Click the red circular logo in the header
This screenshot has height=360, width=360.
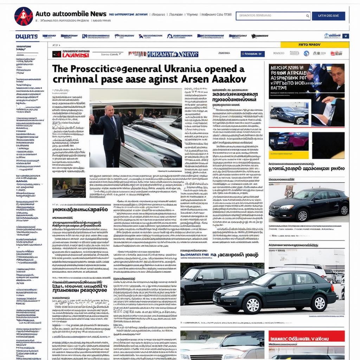24,16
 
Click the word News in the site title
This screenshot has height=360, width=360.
98,14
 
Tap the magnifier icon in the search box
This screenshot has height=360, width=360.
308,16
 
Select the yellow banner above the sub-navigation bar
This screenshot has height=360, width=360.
314,45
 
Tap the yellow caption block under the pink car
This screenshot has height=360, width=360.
289,155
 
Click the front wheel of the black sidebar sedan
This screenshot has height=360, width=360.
302,215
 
